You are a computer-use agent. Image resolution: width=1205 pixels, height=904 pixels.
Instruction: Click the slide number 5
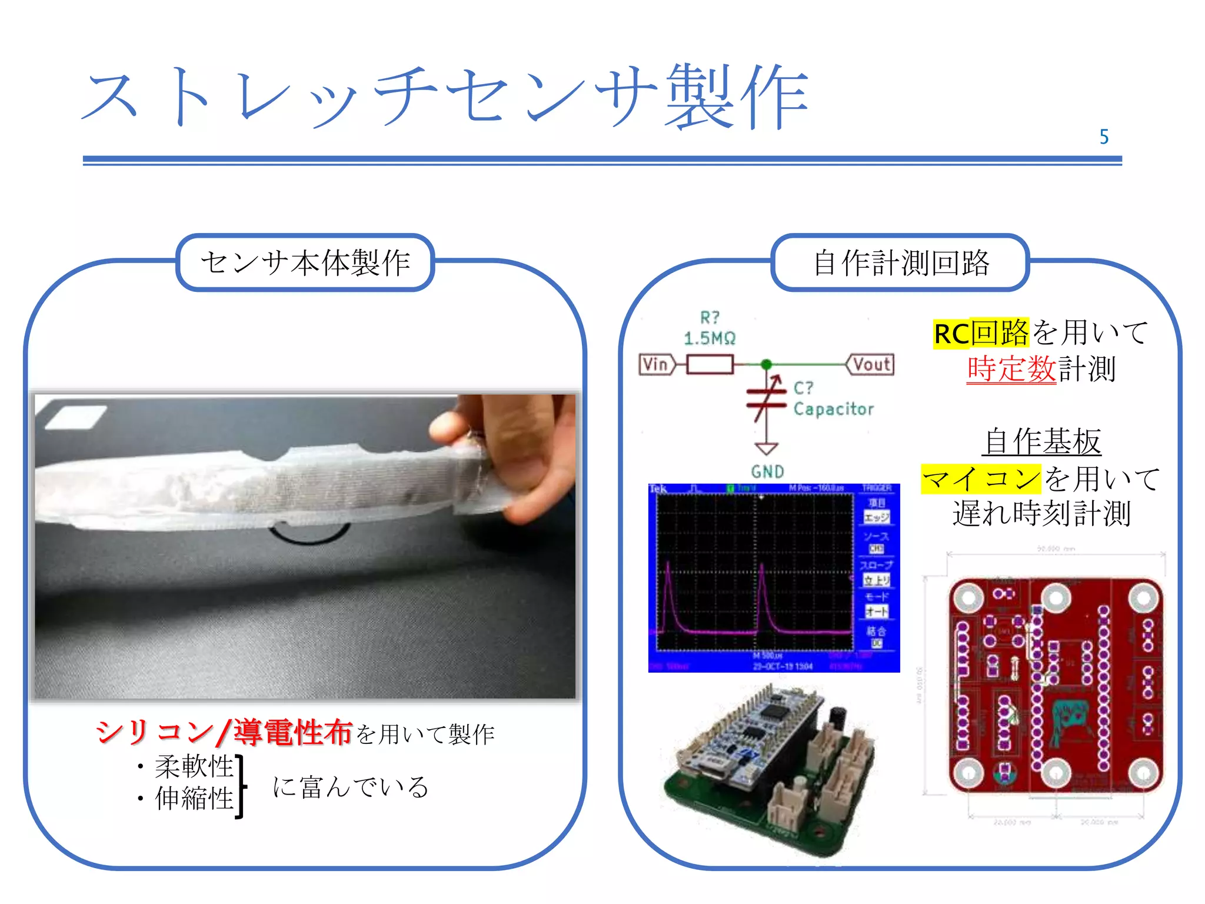1104,137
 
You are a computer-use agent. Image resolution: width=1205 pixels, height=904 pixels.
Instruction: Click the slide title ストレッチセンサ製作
445,97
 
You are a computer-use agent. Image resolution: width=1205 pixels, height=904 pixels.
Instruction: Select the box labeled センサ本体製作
305,262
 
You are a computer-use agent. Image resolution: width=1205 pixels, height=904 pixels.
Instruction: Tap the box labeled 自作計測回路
900,262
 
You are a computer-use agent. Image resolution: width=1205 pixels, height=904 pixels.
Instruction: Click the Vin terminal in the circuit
655,364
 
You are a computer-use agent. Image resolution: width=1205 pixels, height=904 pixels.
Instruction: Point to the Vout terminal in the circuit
871,364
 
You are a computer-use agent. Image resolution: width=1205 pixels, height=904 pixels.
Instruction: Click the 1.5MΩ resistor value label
710,338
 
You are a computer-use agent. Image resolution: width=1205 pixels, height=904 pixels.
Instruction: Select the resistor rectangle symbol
710,364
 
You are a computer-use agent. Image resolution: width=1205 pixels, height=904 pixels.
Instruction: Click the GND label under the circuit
767,471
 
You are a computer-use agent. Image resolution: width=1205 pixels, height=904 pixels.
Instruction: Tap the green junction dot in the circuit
766,364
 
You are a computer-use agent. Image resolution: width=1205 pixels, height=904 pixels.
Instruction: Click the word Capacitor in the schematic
834,409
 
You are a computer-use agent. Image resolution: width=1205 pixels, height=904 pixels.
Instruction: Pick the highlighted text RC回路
981,333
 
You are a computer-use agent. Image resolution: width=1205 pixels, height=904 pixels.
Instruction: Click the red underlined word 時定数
1011,370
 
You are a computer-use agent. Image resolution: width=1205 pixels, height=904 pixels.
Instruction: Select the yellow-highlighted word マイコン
981,478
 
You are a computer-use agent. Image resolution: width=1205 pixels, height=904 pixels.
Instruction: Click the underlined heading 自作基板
1041,441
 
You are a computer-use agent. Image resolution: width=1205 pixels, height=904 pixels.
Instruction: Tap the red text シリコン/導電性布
224,733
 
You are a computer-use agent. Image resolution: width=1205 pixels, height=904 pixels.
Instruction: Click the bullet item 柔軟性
194,766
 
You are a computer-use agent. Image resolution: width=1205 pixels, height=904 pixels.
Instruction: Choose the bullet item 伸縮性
194,799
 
